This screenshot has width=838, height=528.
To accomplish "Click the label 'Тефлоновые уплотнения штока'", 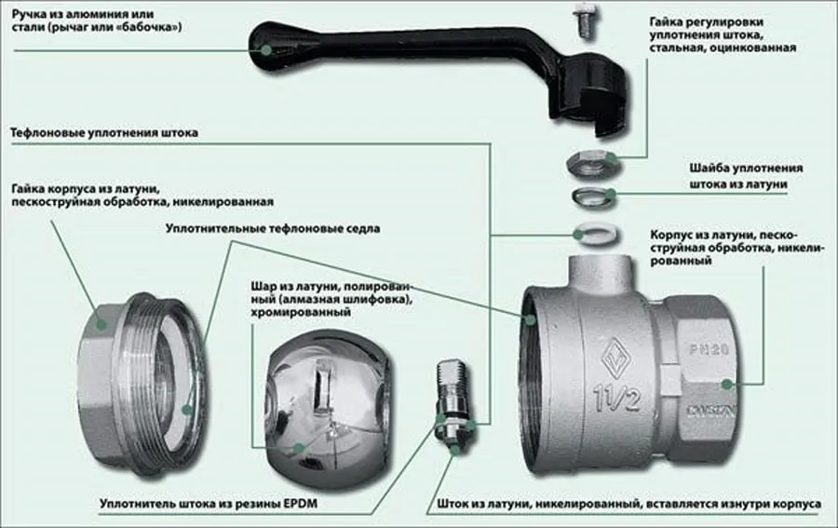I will (x=103, y=133).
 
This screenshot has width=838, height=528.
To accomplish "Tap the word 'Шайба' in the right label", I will (x=709, y=169).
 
